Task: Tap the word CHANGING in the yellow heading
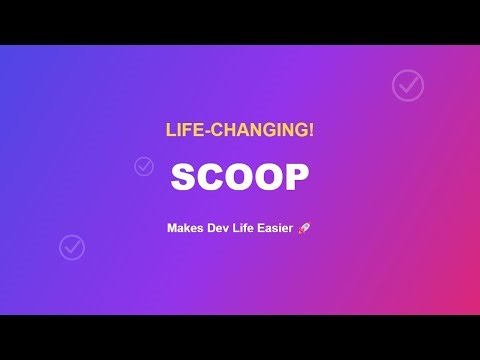tap(260, 130)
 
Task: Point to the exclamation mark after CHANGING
tap(311, 130)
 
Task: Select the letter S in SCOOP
tap(184, 178)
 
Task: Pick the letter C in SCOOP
tap(211, 178)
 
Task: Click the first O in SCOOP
tap(240, 178)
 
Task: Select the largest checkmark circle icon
tap(407, 86)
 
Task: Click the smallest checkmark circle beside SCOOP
tap(143, 166)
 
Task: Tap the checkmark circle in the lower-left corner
tap(72, 246)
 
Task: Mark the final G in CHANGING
tap(301, 130)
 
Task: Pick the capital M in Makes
tap(172, 228)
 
